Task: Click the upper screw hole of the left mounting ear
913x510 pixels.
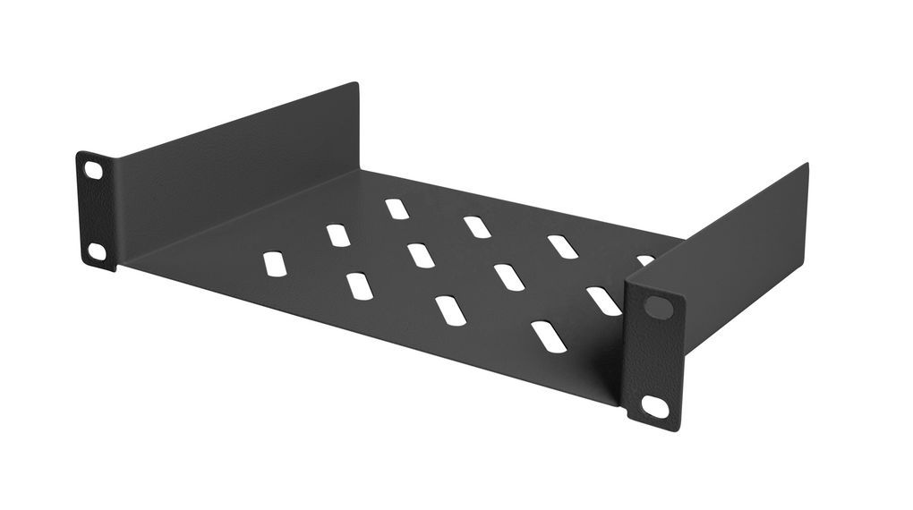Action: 93,169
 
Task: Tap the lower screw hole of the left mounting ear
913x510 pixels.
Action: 96,251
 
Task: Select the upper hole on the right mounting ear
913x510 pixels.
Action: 658,308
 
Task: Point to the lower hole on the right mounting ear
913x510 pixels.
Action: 655,407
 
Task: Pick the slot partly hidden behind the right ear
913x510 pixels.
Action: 644,260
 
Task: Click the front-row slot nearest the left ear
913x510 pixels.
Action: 275,264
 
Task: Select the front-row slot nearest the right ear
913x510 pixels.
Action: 548,336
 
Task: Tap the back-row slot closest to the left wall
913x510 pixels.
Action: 397,208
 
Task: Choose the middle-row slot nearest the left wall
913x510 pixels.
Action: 337,235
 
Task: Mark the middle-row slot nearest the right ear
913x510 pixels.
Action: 604,301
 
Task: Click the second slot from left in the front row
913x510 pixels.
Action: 359,286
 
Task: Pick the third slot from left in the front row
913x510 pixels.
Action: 450,310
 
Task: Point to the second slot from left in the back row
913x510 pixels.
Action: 477,227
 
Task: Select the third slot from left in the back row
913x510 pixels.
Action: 562,247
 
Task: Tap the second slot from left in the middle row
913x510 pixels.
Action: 421,255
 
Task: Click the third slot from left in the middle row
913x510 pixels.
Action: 508,277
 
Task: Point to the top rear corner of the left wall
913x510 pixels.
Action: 355,84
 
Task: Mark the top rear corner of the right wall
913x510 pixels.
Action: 805,166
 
